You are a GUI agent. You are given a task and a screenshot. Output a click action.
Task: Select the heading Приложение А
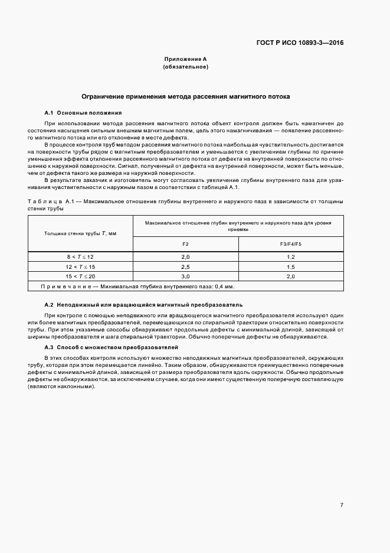pos(185,59)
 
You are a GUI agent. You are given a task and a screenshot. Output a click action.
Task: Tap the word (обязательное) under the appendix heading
pos(185,67)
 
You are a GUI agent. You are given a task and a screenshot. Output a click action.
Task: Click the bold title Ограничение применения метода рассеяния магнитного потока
pos(185,96)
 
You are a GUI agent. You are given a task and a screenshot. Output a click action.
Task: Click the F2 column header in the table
pos(185,244)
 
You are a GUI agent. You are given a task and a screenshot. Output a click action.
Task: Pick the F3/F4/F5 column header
pos(290,244)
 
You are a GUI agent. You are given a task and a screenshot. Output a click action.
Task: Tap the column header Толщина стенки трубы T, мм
pos(80,233)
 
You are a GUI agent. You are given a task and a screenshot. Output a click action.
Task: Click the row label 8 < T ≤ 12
pos(80,257)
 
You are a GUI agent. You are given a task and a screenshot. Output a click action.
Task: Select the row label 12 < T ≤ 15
pos(80,266)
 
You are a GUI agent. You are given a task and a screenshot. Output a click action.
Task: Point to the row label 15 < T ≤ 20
pos(80,276)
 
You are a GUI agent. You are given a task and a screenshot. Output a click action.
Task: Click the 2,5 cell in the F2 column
pos(185,266)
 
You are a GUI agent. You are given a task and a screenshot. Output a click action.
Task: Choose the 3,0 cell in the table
pos(185,276)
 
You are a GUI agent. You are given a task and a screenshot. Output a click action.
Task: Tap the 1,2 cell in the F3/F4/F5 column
pos(290,257)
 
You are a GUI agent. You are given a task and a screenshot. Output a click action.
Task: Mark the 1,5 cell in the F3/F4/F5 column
pos(290,266)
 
